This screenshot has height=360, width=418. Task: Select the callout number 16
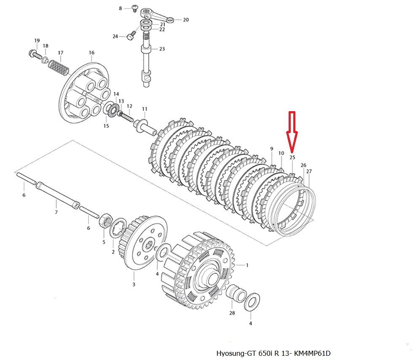click(91, 53)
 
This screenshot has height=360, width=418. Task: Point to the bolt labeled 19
click(34, 54)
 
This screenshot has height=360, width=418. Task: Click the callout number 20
click(186, 20)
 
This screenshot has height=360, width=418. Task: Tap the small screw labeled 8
click(135, 8)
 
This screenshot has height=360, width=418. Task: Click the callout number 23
click(162, 49)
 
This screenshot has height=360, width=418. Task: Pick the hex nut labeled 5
click(106, 221)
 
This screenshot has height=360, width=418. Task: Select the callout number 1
click(247, 265)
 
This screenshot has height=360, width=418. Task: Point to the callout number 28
click(231, 313)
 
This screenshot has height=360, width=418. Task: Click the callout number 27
click(309, 171)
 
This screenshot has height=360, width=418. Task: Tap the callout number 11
click(144, 109)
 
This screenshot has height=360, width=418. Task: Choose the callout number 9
click(271, 149)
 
